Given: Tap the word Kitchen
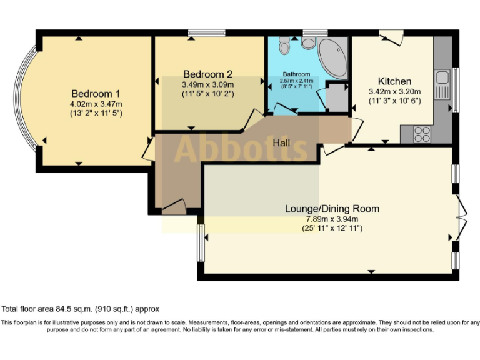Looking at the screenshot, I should tap(394, 81).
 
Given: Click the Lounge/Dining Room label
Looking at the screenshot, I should tap(332, 209).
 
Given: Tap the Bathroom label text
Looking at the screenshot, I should tap(296, 74).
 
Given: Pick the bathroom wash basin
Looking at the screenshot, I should tap(307, 43).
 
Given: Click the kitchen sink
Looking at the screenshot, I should tap(443, 78).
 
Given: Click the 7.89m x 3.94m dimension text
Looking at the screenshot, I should tap(332, 219).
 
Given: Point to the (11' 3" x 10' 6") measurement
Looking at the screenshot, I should tap(394, 101).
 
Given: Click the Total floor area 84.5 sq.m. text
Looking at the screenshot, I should tap(81, 309).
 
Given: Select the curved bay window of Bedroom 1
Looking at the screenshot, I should tap(27, 100).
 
